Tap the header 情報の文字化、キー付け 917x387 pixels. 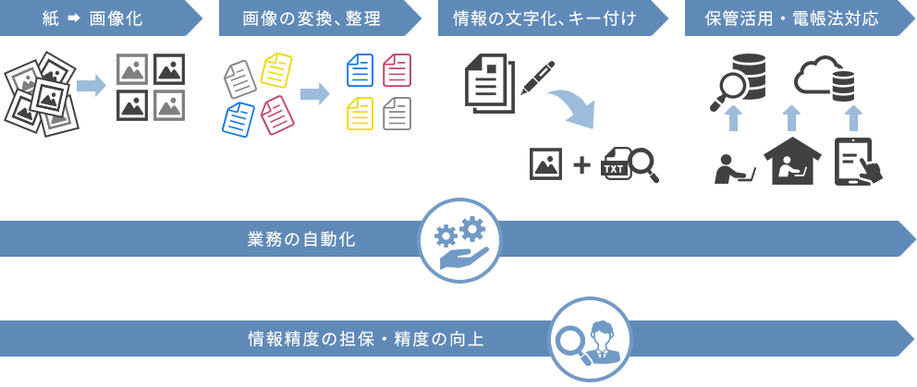click(x=545, y=18)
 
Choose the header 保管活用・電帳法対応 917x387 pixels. click(x=791, y=18)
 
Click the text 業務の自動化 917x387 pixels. click(x=301, y=239)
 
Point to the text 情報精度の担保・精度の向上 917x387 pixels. click(x=366, y=339)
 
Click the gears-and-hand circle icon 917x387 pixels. click(x=459, y=240)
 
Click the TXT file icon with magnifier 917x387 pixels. click(x=630, y=164)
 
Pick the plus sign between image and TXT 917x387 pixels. click(x=581, y=165)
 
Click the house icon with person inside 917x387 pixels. click(x=791, y=162)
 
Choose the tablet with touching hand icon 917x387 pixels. click(x=857, y=163)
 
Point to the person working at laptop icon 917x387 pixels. click(x=734, y=167)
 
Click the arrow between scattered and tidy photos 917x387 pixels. click(x=90, y=86)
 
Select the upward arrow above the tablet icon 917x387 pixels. click(x=853, y=117)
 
